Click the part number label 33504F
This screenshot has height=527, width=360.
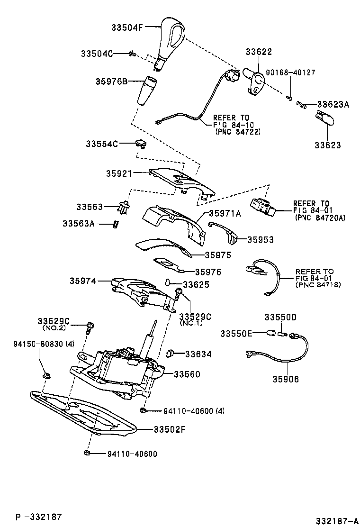pos(126,27)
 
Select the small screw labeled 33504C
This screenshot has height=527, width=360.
pos(133,54)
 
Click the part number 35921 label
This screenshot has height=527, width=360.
pos(119,173)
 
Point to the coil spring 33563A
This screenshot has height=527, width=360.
pos(115,224)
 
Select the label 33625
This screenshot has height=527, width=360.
pos(196,285)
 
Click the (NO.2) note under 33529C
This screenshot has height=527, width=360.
pos(53,328)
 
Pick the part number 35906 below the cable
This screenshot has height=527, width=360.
pos(286,379)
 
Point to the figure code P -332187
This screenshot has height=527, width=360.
pos(38,516)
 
